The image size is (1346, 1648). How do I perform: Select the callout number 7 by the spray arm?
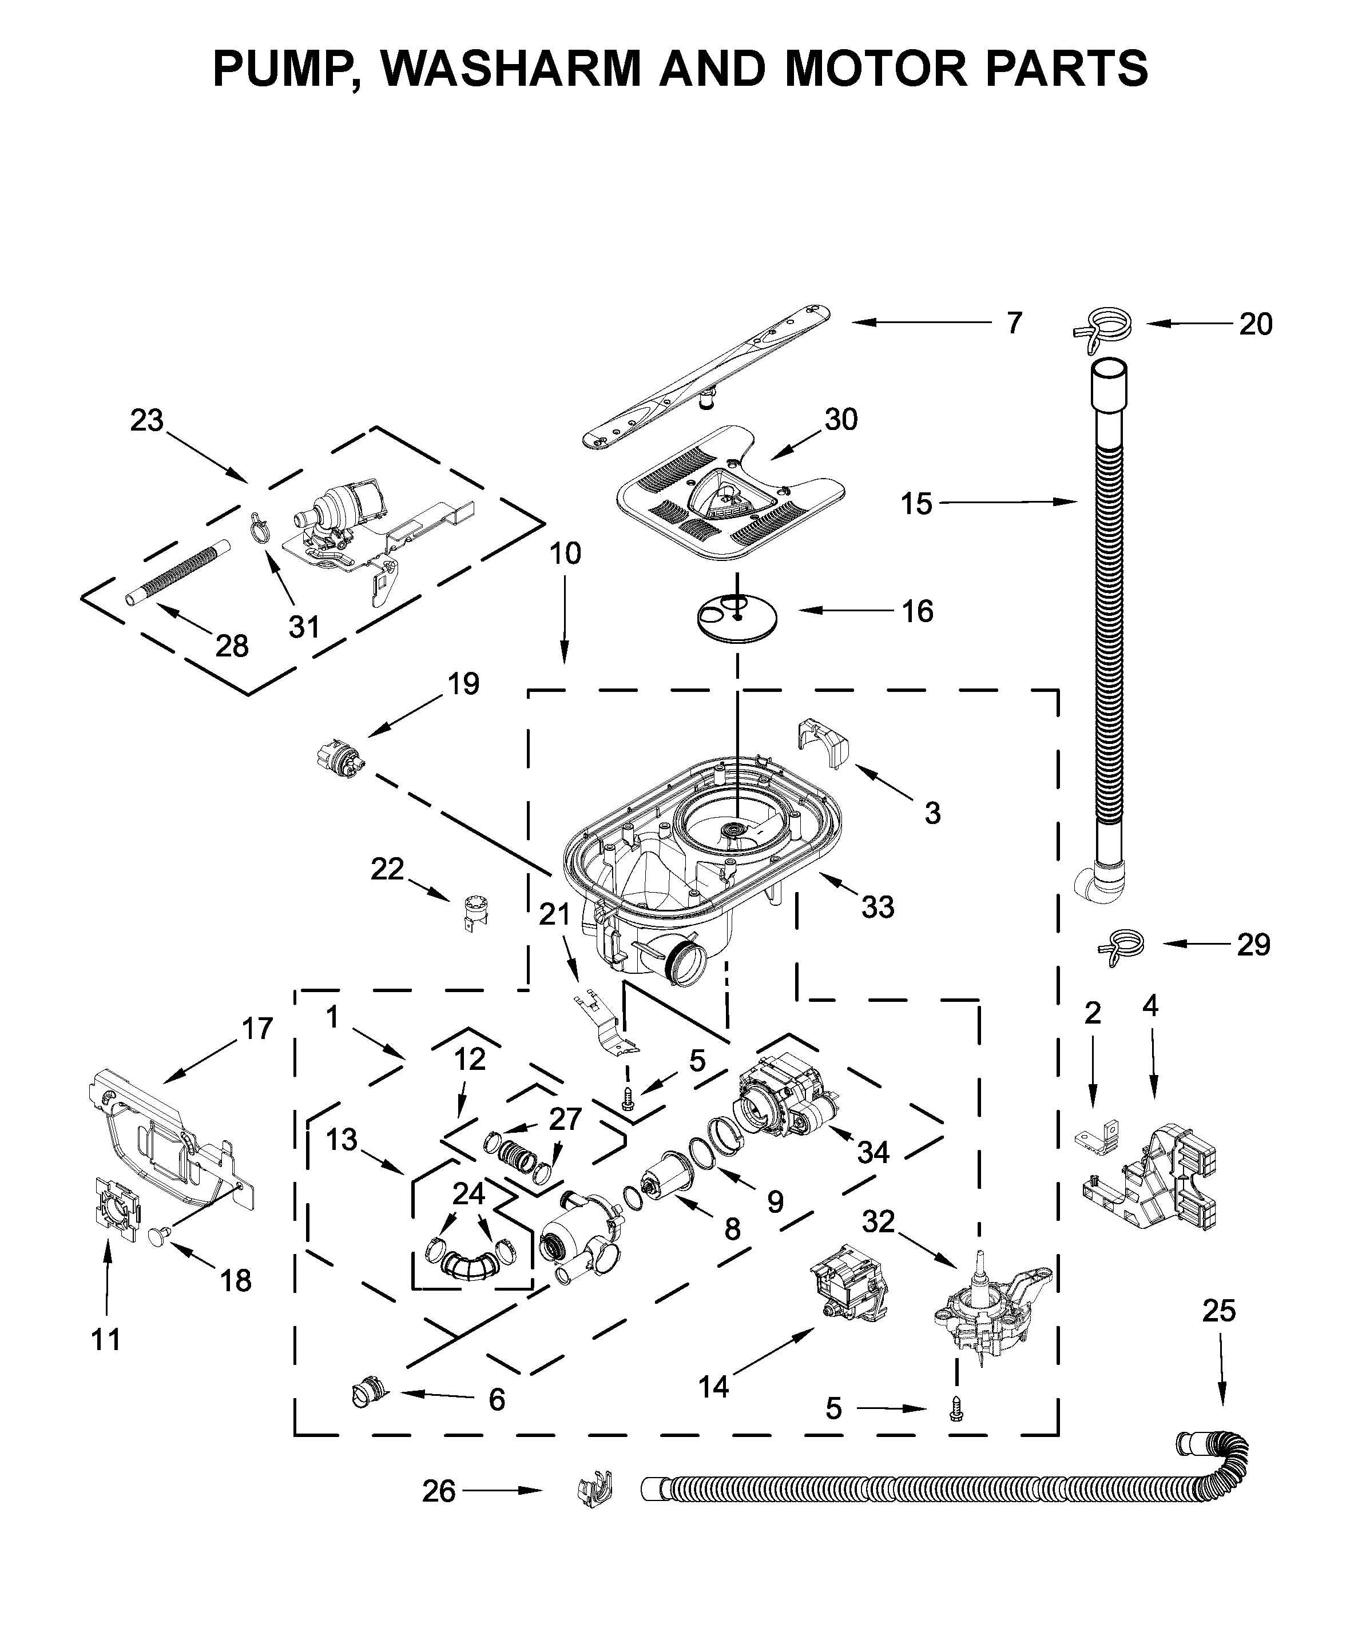click(x=1014, y=323)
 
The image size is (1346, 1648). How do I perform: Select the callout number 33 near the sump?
click(x=878, y=906)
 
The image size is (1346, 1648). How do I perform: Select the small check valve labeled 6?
click(x=368, y=1394)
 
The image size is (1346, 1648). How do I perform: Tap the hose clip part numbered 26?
click(x=595, y=1490)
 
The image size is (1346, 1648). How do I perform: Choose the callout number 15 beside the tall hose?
click(x=916, y=504)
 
